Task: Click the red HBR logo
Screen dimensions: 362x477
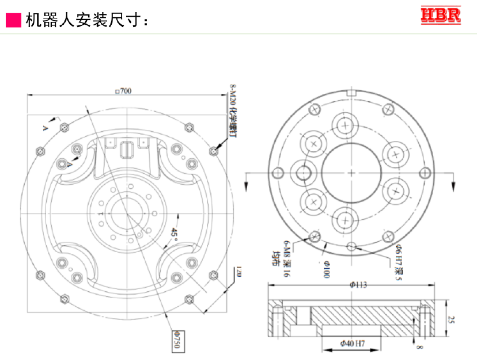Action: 441,16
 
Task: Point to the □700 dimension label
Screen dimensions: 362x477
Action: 123,91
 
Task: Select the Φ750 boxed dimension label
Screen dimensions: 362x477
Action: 177,340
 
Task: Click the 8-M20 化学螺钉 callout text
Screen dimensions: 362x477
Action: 233,109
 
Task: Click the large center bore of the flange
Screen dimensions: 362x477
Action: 351,173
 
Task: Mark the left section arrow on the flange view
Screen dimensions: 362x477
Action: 246,181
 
